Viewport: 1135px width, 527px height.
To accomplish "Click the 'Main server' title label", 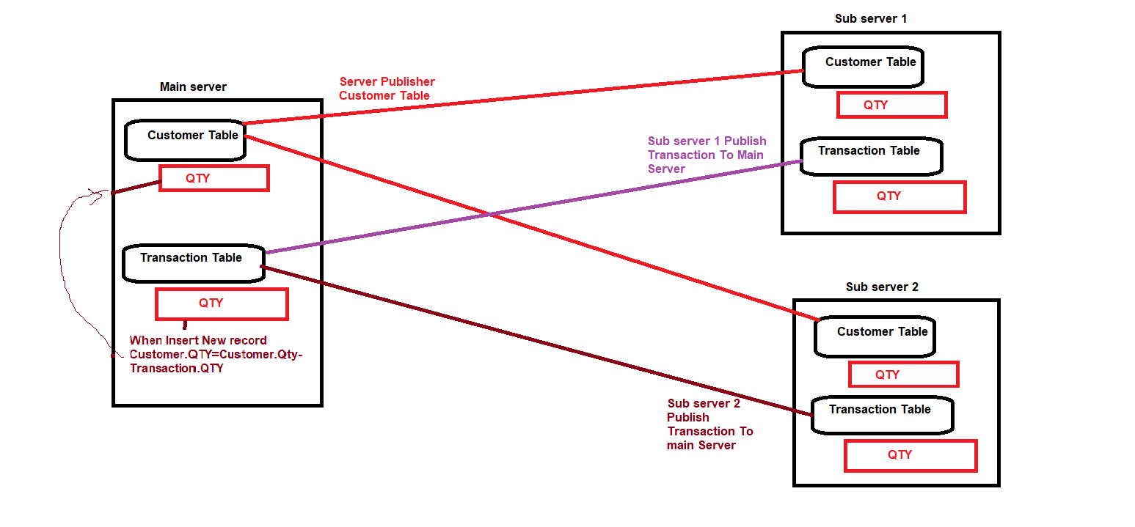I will (x=193, y=87).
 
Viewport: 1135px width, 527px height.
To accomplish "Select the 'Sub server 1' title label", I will (x=870, y=18).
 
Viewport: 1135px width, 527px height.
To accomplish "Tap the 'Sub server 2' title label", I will (x=882, y=287).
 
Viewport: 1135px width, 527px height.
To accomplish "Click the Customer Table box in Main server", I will (x=185, y=140).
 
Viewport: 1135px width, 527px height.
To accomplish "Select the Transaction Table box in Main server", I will (x=193, y=262).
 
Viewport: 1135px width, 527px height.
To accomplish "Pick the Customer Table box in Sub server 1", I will (x=863, y=67).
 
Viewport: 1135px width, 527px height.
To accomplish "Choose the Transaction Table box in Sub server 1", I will (x=871, y=156).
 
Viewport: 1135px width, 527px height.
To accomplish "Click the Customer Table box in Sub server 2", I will (x=875, y=336).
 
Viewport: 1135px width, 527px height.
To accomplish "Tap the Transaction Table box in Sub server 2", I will (x=882, y=414).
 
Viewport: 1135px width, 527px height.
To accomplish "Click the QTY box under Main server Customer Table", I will (x=214, y=178).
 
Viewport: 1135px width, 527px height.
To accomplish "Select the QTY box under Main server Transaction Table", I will (x=222, y=303).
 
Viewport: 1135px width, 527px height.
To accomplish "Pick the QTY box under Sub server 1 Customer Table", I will (x=891, y=105).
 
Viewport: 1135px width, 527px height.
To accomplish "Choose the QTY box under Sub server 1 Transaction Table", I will (x=899, y=196).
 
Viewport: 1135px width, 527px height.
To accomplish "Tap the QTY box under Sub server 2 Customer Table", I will (x=903, y=375).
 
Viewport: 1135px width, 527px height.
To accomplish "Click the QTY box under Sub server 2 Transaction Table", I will (x=910, y=455).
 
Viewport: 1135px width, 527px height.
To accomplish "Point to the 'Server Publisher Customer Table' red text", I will (x=387, y=89).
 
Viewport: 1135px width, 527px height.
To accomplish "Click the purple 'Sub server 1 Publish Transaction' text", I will (x=706, y=155).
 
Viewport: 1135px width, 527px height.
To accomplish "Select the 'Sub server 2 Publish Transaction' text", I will (x=709, y=424).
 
